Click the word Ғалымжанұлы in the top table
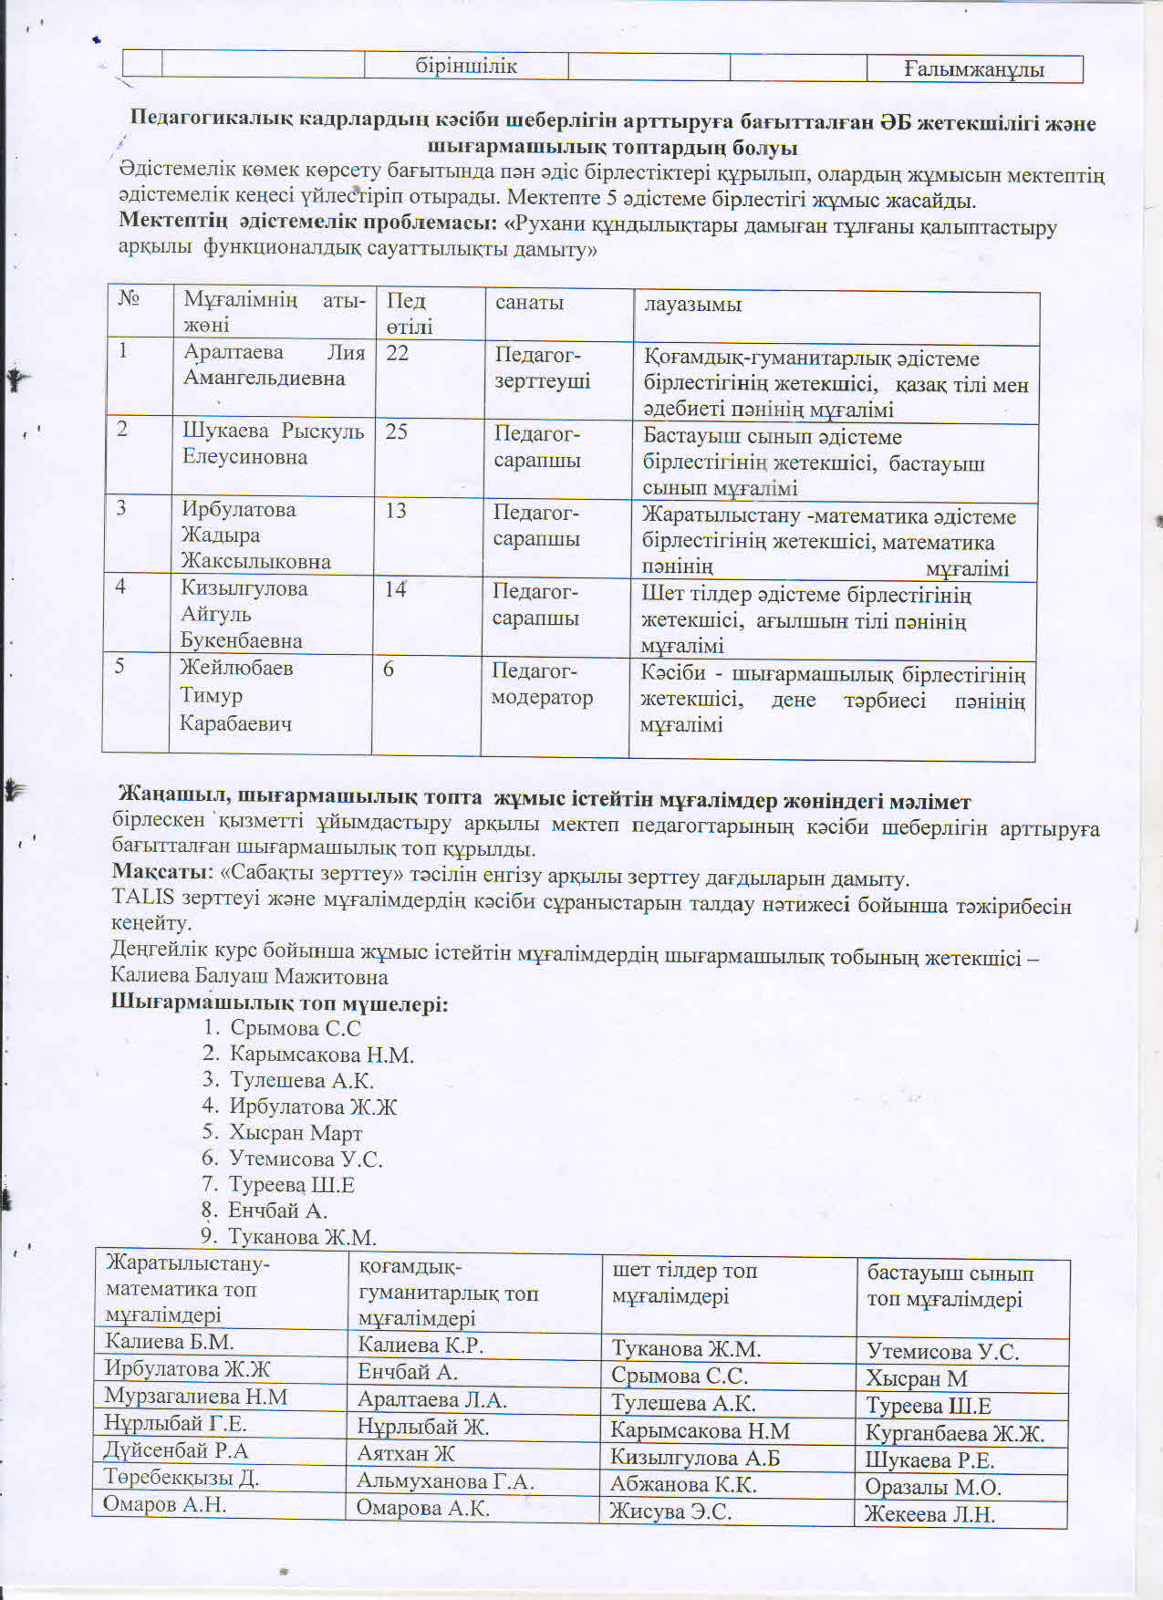[974, 69]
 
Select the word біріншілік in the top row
[466, 66]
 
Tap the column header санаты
[529, 302]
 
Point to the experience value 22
[398, 353]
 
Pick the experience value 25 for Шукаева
[396, 431]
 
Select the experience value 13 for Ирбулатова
[395, 510]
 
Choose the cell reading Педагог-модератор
[541, 684]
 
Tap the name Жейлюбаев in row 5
[236, 668]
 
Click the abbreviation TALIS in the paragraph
[143, 898]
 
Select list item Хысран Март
[296, 1133]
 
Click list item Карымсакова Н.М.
[321, 1055]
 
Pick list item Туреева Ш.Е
[292, 1185]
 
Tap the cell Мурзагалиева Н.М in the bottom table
[196, 1397]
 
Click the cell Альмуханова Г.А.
[444, 1481]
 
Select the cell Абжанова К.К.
[683, 1484]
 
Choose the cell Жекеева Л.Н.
[929, 1515]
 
